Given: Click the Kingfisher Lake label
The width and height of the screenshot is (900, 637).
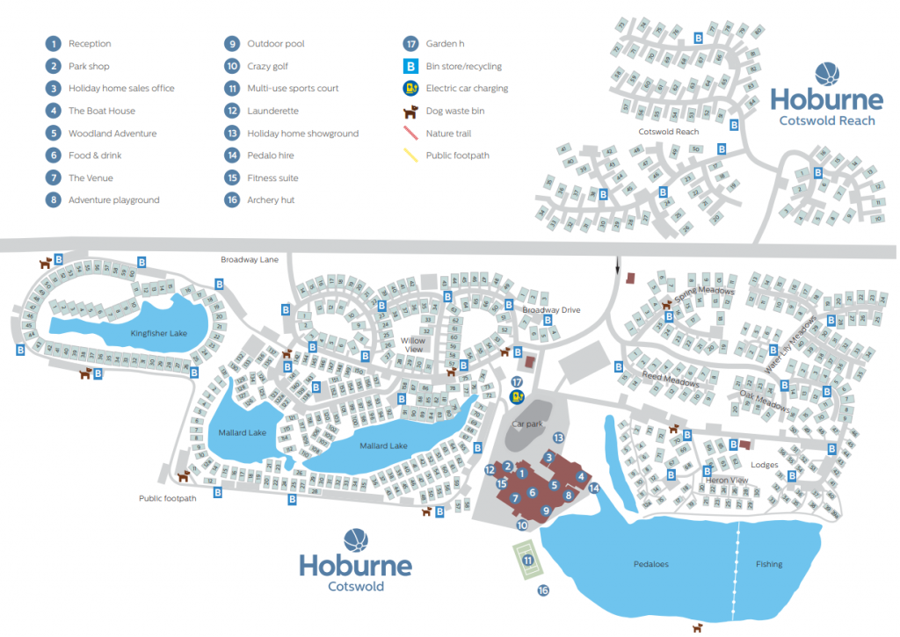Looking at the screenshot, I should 159,334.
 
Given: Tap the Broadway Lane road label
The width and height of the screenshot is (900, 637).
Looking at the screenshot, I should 250,260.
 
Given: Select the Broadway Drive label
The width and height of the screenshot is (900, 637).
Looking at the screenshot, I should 552,310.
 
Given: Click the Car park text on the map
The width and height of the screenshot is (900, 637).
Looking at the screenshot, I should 529,423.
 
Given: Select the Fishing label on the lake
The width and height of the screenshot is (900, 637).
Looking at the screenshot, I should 769,564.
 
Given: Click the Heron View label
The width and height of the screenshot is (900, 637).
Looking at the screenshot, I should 727,481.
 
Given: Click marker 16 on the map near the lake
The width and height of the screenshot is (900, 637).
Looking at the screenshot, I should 543,591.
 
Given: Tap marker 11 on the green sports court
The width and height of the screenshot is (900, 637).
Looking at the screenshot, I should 527,560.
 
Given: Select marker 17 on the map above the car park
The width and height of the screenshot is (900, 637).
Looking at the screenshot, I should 517,381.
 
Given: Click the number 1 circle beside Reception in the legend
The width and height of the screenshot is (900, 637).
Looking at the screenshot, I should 54,44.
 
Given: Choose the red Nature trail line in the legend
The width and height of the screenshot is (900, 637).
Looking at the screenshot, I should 410,134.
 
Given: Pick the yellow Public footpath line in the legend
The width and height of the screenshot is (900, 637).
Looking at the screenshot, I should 410,156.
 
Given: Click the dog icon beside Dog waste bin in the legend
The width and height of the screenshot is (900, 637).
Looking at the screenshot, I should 410,112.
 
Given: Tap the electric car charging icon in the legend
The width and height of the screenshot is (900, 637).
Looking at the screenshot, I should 410,89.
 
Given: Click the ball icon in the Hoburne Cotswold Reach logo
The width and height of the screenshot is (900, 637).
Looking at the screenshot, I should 827,75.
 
